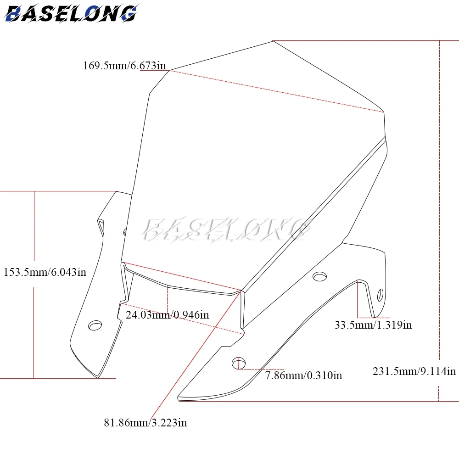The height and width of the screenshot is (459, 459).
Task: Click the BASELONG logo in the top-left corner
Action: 71,13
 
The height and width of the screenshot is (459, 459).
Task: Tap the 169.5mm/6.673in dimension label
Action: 124,65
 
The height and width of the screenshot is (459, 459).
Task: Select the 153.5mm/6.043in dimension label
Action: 45,272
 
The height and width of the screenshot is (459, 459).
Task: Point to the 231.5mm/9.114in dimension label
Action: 414,371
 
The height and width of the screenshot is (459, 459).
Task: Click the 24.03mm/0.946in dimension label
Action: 167,315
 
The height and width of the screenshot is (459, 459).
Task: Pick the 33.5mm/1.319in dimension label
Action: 373,325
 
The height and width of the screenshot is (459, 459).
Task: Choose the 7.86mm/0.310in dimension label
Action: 303,375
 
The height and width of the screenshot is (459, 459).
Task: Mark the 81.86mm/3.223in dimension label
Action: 145,422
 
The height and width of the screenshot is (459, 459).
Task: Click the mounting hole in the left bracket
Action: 95,325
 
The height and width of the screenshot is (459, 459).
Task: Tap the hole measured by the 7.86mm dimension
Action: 239,363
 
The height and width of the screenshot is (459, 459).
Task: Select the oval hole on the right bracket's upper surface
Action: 319,276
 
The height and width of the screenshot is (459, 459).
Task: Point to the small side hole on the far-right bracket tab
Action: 380,295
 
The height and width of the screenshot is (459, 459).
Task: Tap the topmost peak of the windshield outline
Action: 273,41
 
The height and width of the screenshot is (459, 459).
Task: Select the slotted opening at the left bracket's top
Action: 101,227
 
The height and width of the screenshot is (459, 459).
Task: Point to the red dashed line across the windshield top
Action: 277,91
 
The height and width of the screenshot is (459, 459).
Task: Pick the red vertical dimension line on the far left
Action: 34,226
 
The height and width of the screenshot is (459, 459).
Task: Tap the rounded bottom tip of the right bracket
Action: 179,398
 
